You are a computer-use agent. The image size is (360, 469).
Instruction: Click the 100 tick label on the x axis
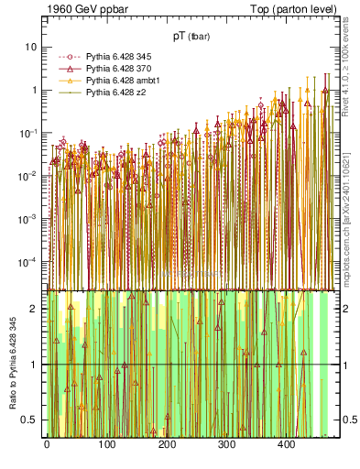click(106, 444)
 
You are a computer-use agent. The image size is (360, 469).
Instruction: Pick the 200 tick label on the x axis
click(166, 444)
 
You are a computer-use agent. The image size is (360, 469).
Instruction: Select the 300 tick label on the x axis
click(226, 444)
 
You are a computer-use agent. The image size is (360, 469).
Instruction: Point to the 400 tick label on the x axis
click(286, 444)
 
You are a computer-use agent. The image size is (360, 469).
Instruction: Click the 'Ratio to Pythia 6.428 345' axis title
click(12, 365)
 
